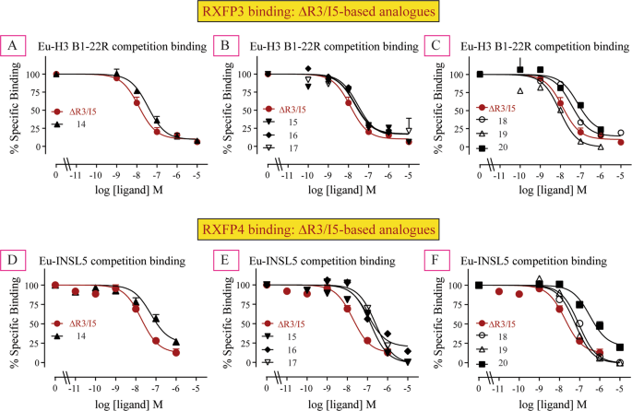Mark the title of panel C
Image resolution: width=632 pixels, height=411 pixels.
[x=537, y=44]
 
